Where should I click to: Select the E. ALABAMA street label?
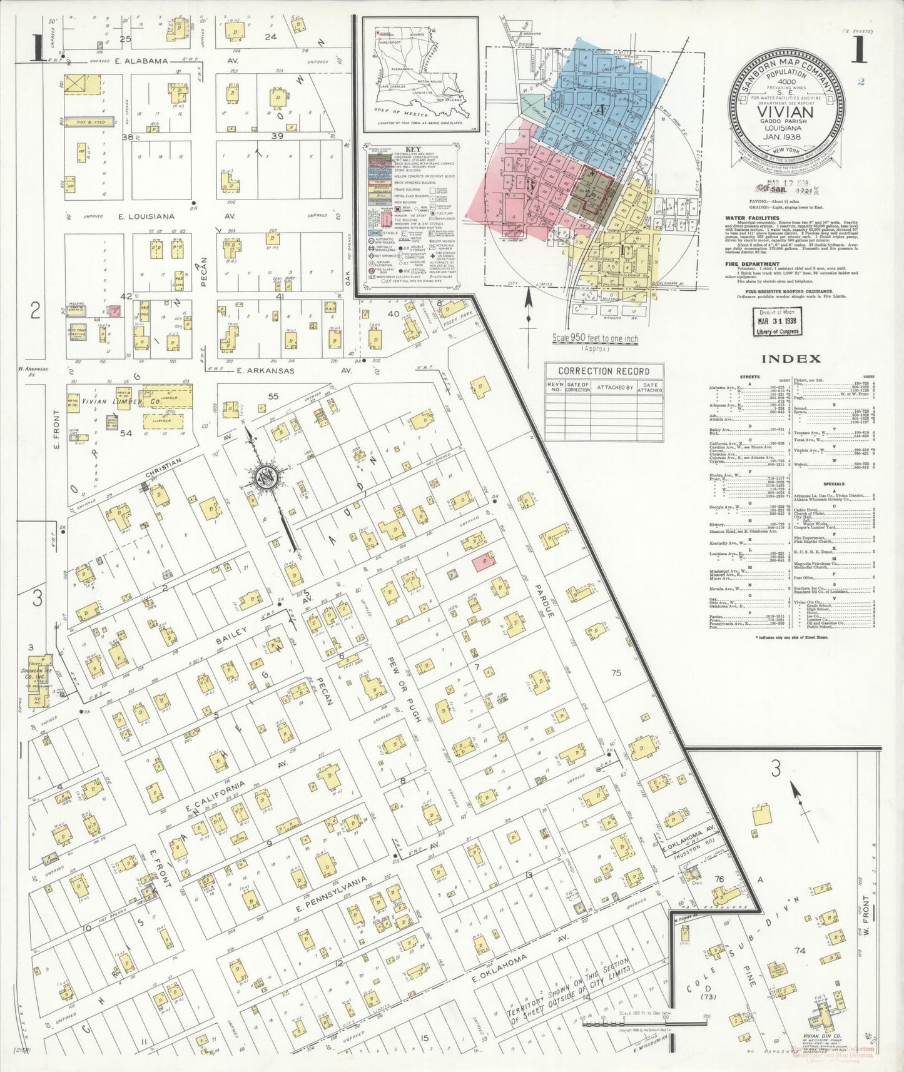142,61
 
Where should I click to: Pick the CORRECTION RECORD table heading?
604,371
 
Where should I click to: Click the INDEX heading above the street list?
791,359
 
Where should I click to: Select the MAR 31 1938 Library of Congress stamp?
775,321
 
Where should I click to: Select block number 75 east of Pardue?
616,673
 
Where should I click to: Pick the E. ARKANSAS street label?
266,370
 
